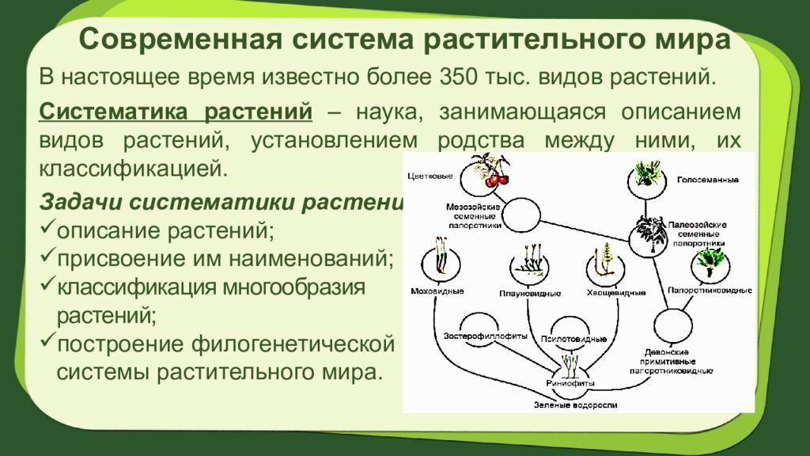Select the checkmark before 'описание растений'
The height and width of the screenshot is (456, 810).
pos(47,230)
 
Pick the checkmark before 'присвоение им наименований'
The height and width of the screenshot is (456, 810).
pos(47,257)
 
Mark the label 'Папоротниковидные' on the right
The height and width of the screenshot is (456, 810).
pos(709,291)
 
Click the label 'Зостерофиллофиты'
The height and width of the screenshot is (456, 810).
pos(486,335)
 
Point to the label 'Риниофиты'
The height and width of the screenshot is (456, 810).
pos(570,383)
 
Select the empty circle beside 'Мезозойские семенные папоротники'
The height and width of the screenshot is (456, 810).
pos(522,214)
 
